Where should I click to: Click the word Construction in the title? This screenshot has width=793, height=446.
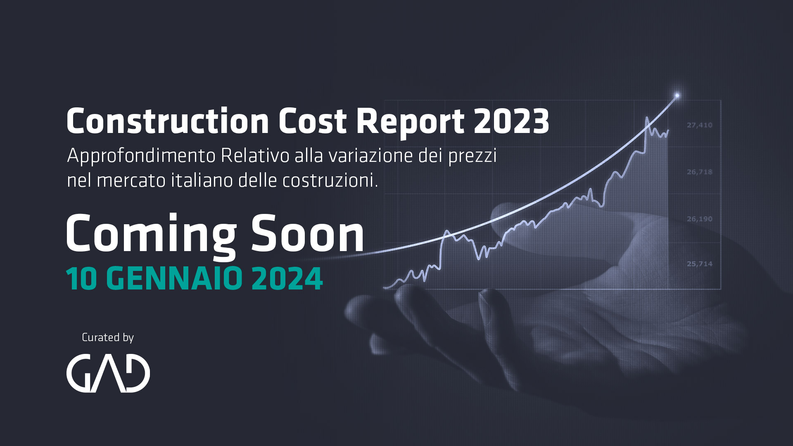click(x=168, y=121)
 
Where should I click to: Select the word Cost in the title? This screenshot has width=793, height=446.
click(x=313, y=121)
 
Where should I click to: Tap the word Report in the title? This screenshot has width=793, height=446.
click(x=411, y=122)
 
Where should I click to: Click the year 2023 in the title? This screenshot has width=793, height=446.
click(x=511, y=121)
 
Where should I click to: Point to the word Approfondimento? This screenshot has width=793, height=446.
click(x=141, y=156)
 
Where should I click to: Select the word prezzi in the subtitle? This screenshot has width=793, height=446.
click(x=472, y=156)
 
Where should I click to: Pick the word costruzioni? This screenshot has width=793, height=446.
click(x=330, y=180)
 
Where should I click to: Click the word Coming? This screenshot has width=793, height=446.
click(x=151, y=234)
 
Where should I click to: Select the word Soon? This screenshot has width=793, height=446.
click(x=307, y=234)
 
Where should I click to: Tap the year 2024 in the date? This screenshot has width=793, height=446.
click(x=287, y=279)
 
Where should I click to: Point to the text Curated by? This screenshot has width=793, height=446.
click(x=108, y=337)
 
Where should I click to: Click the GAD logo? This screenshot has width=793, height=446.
click(x=108, y=373)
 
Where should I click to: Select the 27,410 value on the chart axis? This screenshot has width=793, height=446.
click(x=699, y=125)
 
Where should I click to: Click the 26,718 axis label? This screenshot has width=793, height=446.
click(x=699, y=172)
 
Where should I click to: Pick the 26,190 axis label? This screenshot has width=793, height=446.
click(x=699, y=219)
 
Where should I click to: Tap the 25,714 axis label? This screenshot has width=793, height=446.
click(x=699, y=264)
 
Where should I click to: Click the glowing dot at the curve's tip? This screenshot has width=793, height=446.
click(x=677, y=96)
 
